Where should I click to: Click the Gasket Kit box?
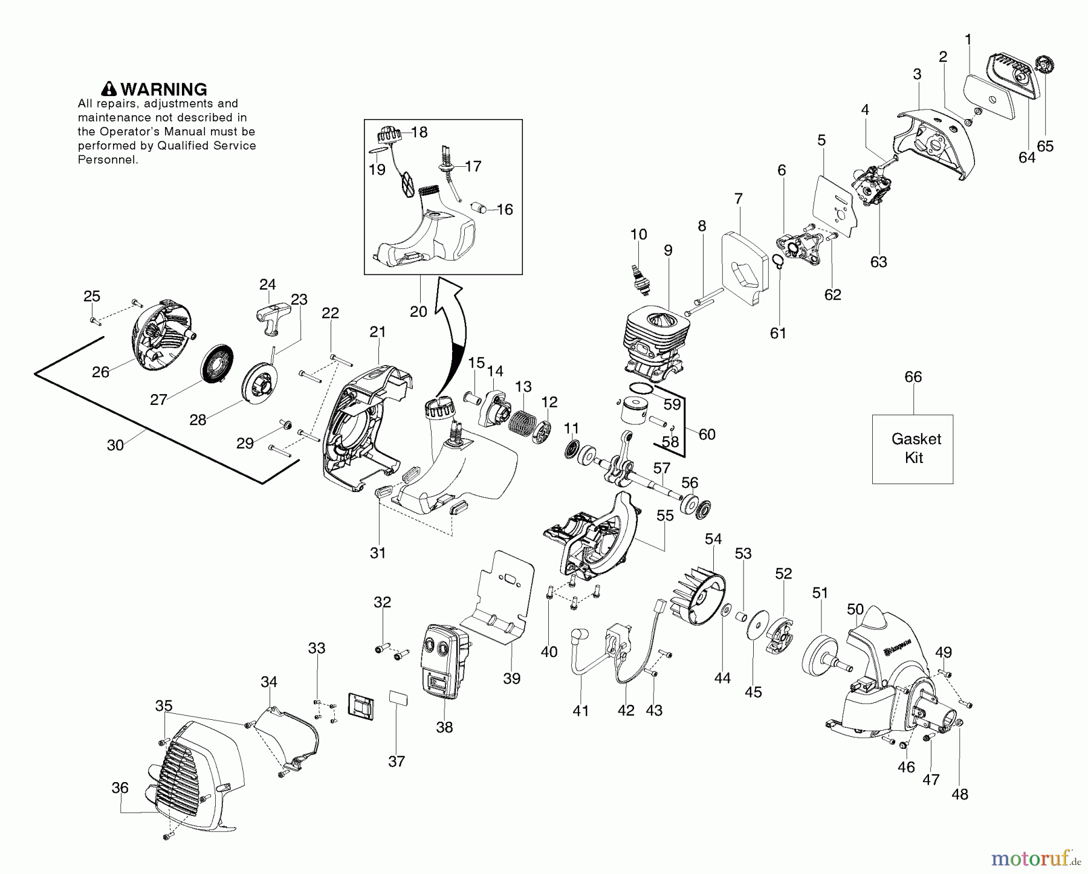(912, 448)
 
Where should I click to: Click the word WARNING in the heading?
(164, 89)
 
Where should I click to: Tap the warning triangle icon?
(109, 89)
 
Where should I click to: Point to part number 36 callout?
(120, 788)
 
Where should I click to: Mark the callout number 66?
(913, 377)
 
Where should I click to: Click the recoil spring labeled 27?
(214, 363)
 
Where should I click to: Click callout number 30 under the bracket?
(115, 445)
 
